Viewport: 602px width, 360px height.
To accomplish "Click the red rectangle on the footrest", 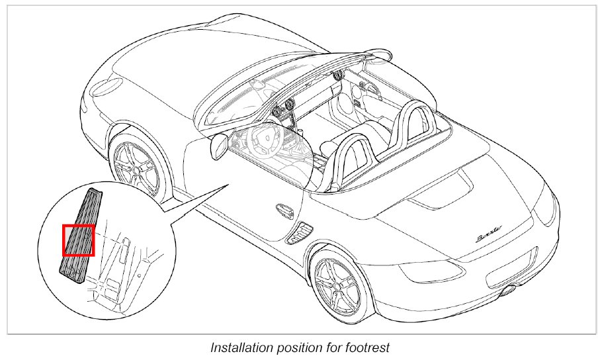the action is tap(79, 240).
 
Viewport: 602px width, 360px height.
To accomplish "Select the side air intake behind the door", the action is tap(302, 232).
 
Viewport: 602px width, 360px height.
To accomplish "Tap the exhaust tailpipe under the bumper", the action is tap(511, 289).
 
